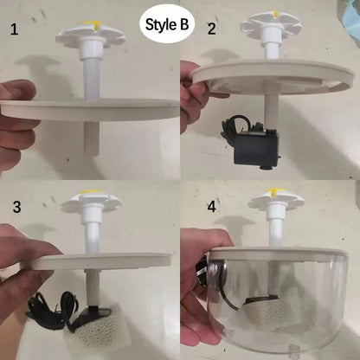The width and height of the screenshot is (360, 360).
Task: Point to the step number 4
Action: click(211, 206)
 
